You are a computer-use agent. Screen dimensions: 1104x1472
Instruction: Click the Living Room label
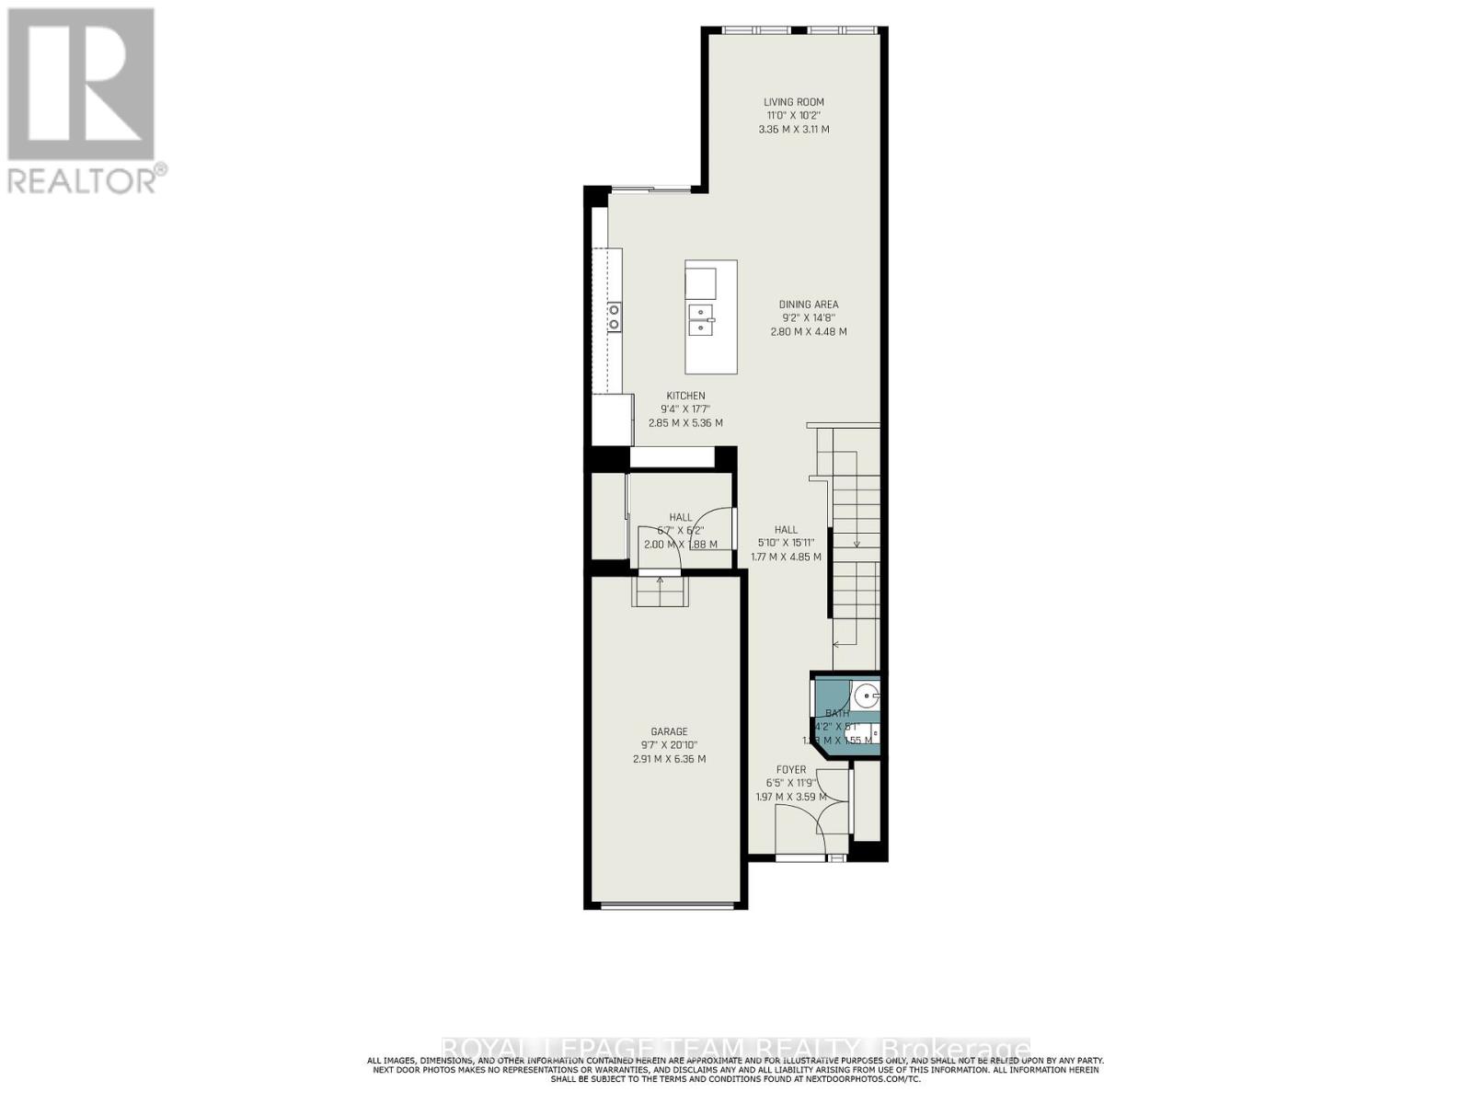(793, 102)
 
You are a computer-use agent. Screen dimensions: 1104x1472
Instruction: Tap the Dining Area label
(809, 305)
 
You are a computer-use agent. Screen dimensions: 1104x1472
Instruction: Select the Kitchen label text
(685, 397)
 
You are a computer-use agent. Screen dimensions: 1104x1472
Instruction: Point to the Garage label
(669, 732)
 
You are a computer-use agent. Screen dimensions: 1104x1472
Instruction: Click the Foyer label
(791, 770)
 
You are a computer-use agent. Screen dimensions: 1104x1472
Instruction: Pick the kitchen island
(710, 316)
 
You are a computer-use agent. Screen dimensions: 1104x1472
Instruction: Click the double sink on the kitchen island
(701, 319)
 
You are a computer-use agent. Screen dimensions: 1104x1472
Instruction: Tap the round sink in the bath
(865, 694)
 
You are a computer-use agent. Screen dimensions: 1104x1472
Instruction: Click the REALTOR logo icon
(80, 84)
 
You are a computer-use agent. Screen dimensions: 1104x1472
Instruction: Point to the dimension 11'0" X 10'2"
(793, 116)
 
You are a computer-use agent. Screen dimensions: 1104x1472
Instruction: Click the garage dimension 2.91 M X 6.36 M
(669, 759)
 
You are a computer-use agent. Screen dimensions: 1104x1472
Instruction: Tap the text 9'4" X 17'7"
(685, 409)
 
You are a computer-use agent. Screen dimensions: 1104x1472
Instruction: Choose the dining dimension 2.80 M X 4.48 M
(809, 331)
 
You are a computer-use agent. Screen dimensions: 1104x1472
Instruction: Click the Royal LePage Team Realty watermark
(736, 1049)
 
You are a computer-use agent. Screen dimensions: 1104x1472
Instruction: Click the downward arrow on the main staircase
(857, 543)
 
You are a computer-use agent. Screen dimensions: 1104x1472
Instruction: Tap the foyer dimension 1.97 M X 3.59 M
(791, 797)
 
